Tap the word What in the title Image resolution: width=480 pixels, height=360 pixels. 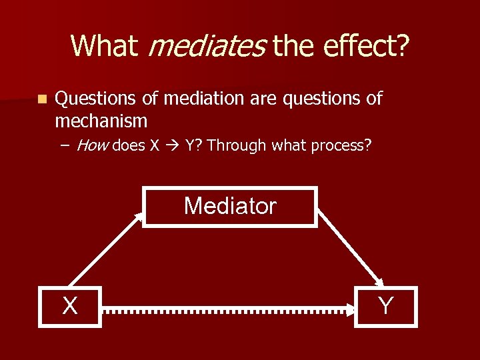pyautogui.click(x=103, y=45)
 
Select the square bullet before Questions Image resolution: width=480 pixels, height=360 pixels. pyautogui.click(x=42, y=99)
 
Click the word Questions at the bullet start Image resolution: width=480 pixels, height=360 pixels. pyautogui.click(x=97, y=99)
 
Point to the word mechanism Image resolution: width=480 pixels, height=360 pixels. pyautogui.click(x=101, y=121)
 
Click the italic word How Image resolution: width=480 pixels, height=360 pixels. pyautogui.click(x=93, y=146)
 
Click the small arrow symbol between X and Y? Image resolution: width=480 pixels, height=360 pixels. pyautogui.click(x=173, y=146)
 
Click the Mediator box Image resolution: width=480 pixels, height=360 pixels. pyautogui.click(x=229, y=207)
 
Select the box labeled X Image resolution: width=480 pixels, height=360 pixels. pyautogui.click(x=69, y=306)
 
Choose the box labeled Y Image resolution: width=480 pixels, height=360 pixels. pyautogui.click(x=385, y=306)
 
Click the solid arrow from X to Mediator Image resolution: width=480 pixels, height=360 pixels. pyautogui.click(x=107, y=249)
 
